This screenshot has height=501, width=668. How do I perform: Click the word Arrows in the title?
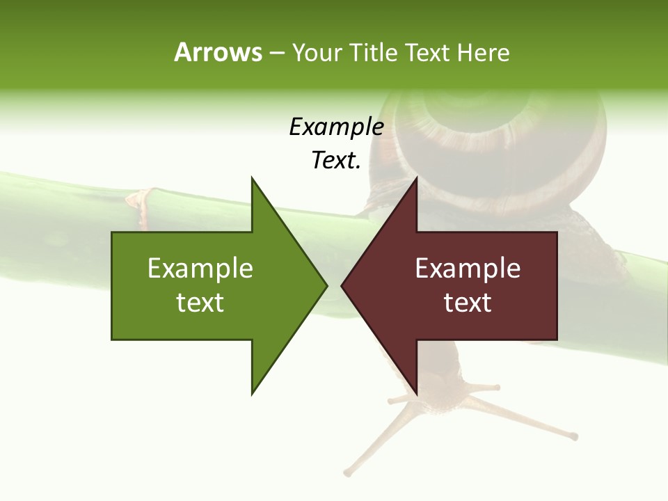[218, 52]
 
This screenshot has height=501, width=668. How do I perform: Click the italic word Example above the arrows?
[336, 127]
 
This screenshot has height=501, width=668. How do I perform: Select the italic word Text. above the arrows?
[336, 161]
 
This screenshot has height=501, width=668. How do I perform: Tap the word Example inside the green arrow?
[200, 269]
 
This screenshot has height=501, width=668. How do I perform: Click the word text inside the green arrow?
[200, 303]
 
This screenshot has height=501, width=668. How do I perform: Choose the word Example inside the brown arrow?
[468, 269]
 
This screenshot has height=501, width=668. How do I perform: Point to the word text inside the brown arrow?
[468, 303]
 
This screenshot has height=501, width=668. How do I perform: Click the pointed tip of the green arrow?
[326, 285]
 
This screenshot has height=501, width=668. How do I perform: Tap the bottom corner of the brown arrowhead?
[416, 393]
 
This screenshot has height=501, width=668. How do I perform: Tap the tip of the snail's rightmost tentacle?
[574, 437]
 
